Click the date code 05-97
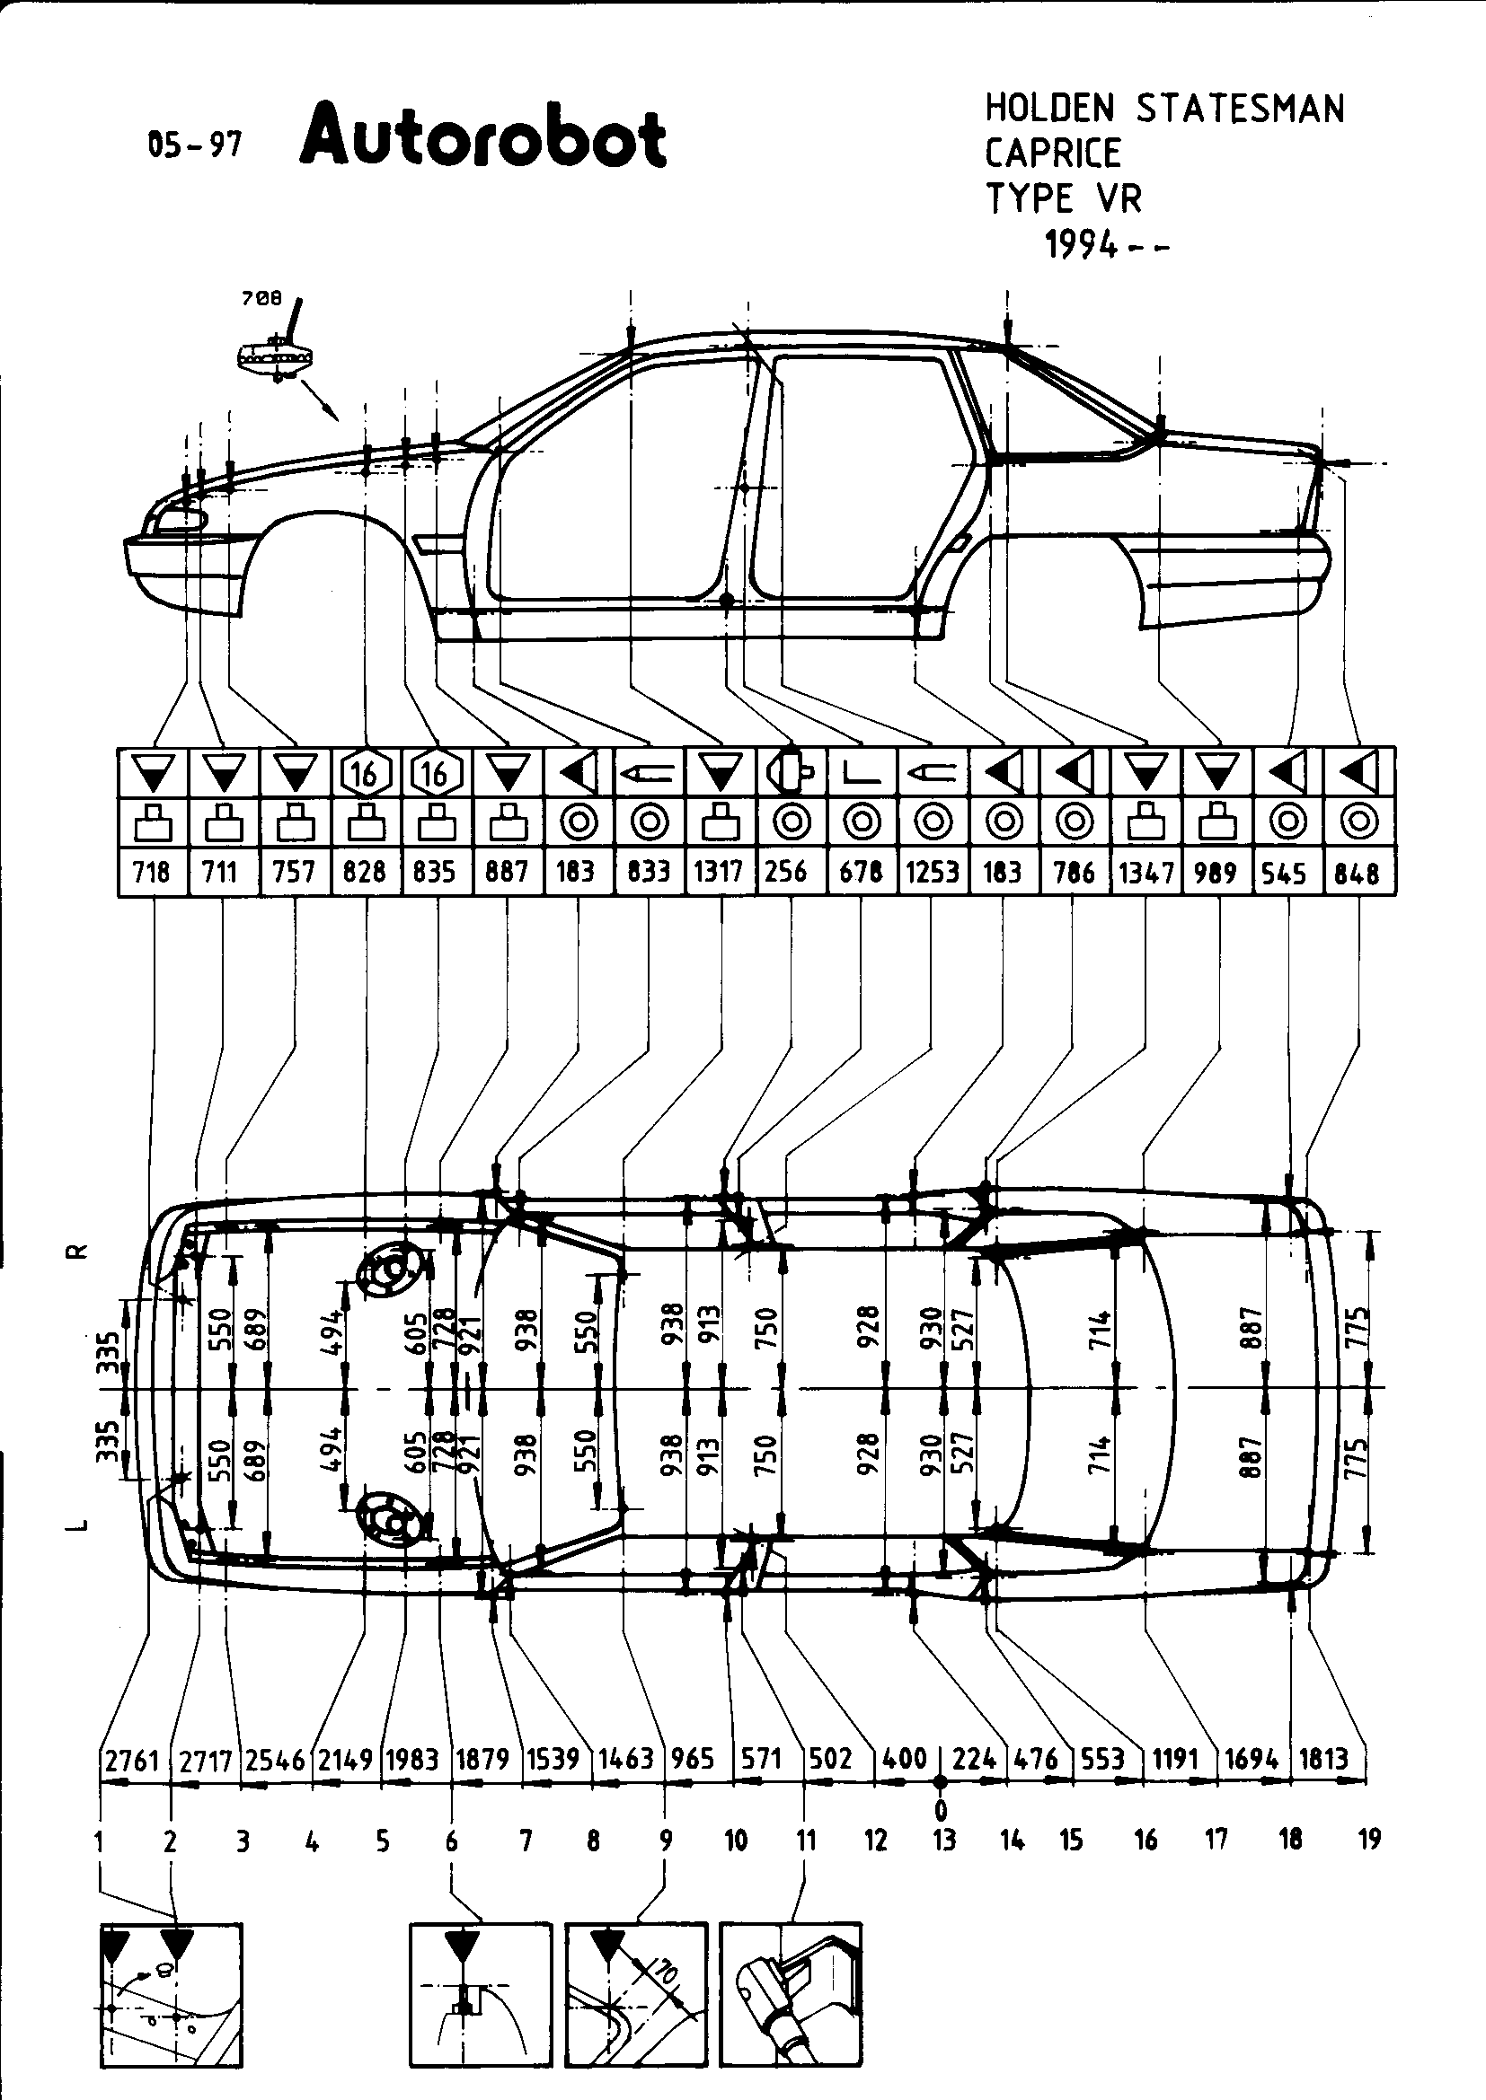[x=194, y=145]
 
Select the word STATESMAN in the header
[x=1240, y=109]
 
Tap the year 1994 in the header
[x=1084, y=244]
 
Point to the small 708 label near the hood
[x=261, y=299]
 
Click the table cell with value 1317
[x=719, y=872]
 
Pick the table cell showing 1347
[x=1145, y=872]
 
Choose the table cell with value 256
[x=787, y=872]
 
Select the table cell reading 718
[x=152, y=872]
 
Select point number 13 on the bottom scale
[x=944, y=1840]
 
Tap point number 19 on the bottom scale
[x=1369, y=1840]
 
